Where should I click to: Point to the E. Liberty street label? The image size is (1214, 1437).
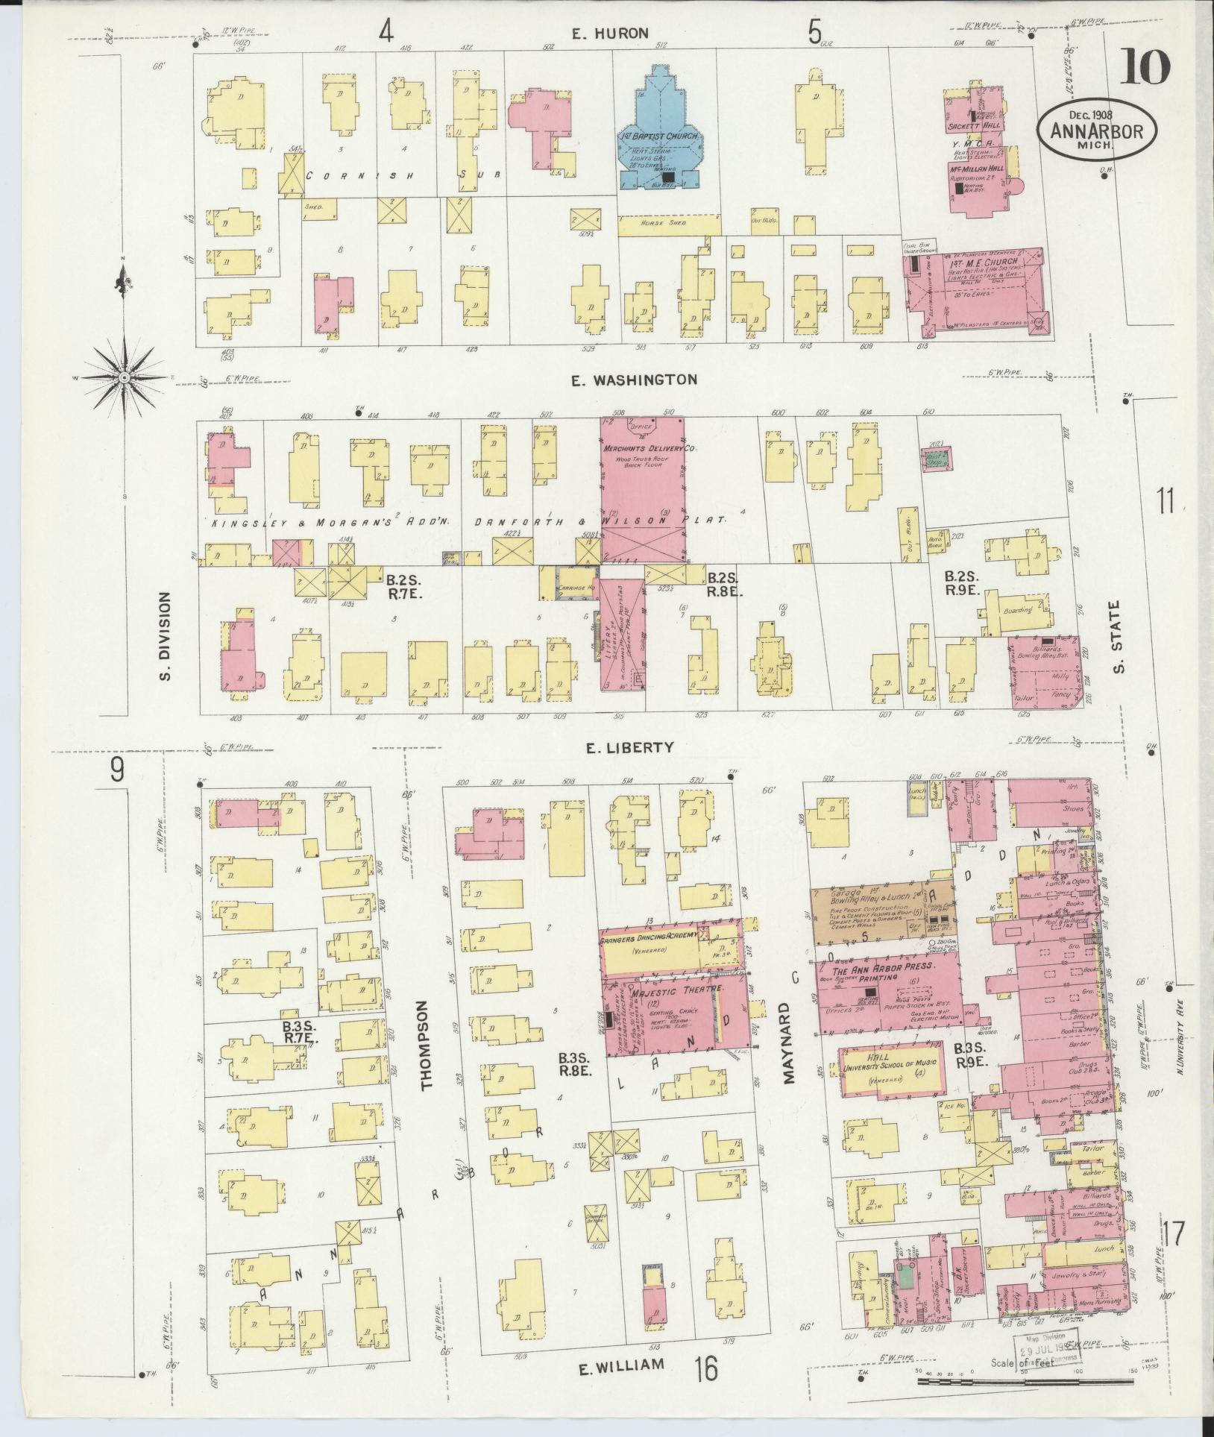(x=629, y=747)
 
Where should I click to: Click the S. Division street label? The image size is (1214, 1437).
(x=165, y=636)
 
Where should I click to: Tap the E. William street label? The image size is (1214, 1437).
(x=621, y=1386)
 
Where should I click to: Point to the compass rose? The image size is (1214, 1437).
(x=124, y=378)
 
